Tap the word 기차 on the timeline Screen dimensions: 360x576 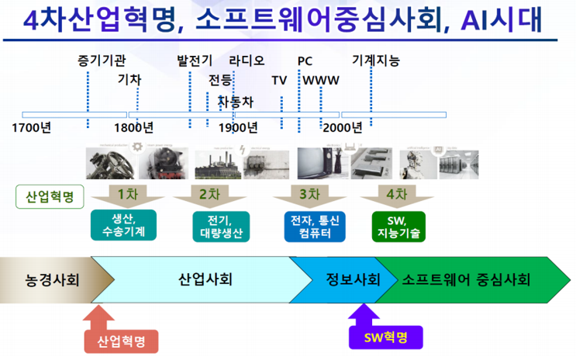pyautogui.click(x=129, y=80)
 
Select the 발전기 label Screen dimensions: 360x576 pyautogui.click(x=195, y=61)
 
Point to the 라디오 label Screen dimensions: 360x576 pyautogui.click(x=247, y=61)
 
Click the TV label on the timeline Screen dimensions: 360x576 pyautogui.click(x=279, y=80)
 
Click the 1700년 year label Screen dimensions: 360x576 pyautogui.click(x=32, y=128)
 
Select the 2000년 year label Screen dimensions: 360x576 pyautogui.click(x=343, y=128)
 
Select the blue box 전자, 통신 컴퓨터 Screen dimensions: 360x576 pyautogui.click(x=312, y=226)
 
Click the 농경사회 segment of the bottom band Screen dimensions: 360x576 pyautogui.click(x=47, y=279)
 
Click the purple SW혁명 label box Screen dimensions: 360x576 pyautogui.click(x=385, y=337)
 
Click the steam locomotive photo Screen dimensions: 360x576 pyautogui.click(x=161, y=163)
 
